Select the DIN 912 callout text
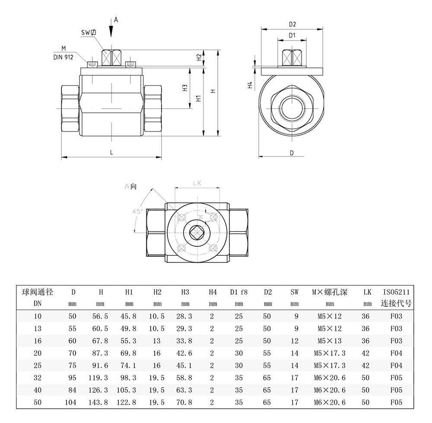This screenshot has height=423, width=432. tap(63, 56)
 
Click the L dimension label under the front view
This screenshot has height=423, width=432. tap(111, 152)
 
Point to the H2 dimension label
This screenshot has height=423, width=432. tap(199, 57)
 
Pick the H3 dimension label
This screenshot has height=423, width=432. tap(184, 88)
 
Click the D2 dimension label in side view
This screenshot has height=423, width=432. tap(292, 24)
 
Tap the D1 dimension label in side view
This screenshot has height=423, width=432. tap(292, 35)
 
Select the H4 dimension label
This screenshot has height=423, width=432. tap(250, 85)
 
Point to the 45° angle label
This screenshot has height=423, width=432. tap(138, 211)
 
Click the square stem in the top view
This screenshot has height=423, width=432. tap(197, 232)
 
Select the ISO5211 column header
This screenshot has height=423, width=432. tap(396, 292)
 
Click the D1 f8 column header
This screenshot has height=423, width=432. tap(239, 292)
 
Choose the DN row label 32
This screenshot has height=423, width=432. tap(38, 378)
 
